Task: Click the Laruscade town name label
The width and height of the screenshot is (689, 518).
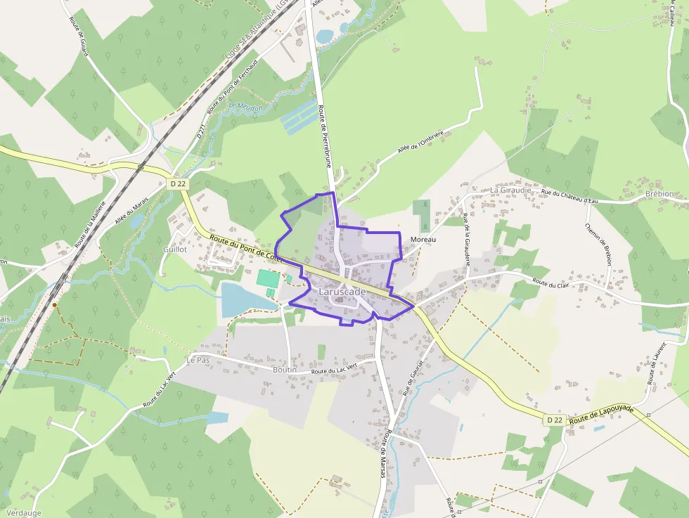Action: [x=342, y=292]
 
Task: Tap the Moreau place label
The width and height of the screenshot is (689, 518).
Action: [x=423, y=240]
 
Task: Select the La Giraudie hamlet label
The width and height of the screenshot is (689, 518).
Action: [x=511, y=190]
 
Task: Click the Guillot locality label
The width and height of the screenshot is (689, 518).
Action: [x=174, y=250]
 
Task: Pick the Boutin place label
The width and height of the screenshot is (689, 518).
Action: [x=285, y=370]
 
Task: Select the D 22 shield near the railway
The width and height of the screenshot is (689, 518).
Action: [x=179, y=183]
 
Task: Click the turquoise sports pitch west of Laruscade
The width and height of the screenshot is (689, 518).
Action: [x=267, y=278]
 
